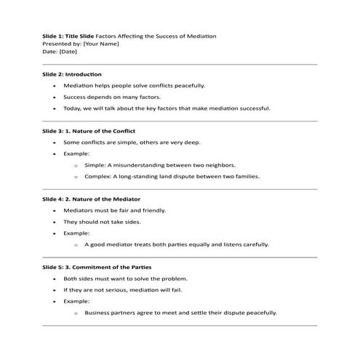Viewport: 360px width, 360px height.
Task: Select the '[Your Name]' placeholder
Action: point(101,44)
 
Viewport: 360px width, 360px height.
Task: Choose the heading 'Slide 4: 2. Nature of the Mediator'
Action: point(91,199)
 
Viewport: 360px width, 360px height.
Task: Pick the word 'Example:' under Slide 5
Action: point(76,301)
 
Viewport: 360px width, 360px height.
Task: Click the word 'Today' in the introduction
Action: point(72,108)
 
